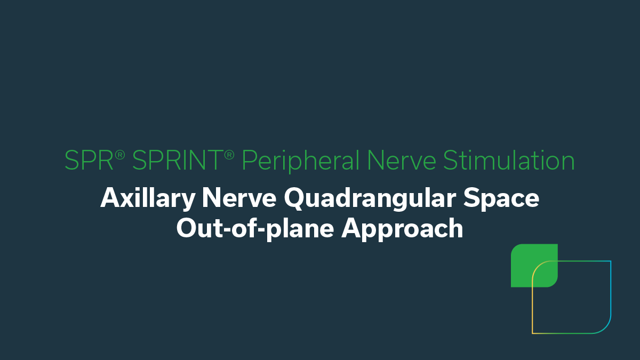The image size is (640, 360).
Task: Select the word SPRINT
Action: point(177,161)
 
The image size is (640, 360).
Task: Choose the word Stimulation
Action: point(509,161)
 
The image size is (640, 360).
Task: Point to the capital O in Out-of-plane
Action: point(187,228)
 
